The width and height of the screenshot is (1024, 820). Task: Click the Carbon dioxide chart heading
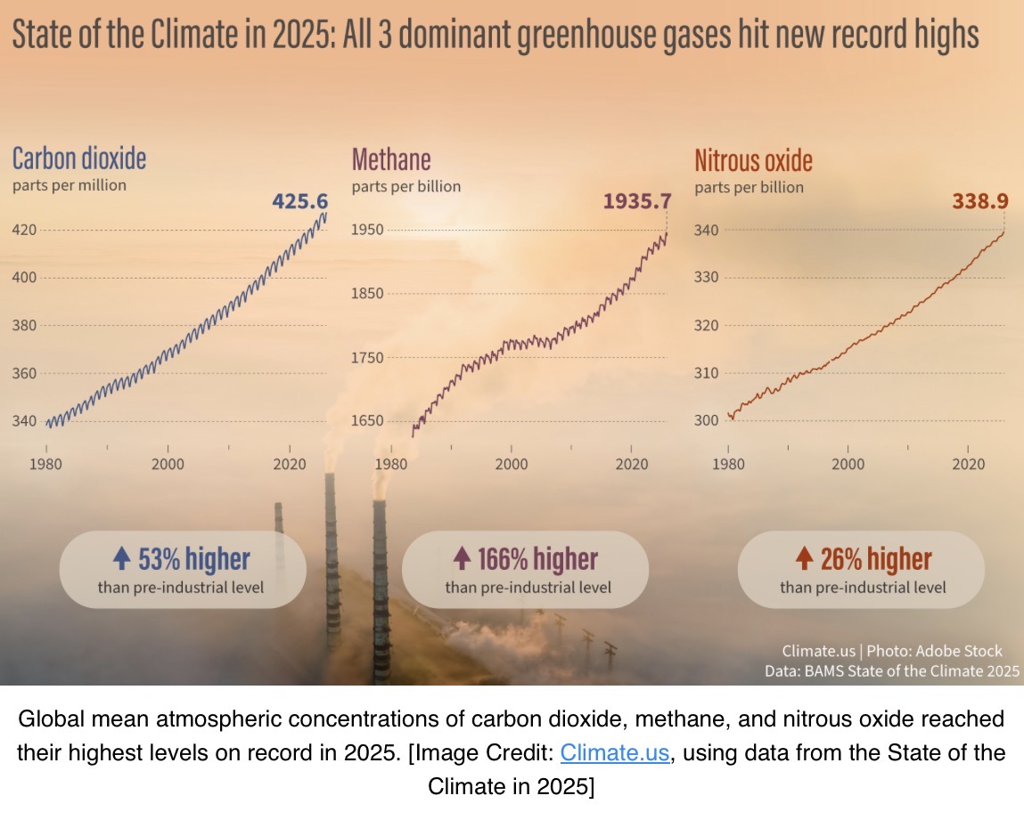79,159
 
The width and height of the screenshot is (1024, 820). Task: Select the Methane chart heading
391,160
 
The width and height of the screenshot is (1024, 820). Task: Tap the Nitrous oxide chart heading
754,160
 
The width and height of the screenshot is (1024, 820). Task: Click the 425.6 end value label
299,201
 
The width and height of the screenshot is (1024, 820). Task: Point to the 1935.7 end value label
636,201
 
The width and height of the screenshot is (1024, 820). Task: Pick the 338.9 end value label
980,201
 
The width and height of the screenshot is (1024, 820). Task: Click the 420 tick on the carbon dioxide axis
24,230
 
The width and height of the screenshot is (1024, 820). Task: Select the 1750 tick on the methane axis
367,358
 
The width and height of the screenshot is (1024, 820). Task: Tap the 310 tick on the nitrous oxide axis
706,373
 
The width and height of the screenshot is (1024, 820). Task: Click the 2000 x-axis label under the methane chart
512,464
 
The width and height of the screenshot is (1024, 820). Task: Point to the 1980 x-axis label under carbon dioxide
45,464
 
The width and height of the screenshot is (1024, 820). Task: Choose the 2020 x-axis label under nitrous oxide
968,464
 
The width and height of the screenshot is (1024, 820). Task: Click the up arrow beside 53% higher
121,557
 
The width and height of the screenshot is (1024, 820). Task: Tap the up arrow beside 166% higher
462,557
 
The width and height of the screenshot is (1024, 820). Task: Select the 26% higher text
876,559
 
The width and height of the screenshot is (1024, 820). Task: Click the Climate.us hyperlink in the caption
615,752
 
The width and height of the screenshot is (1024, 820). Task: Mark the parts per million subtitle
70,185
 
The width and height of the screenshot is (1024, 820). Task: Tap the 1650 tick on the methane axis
367,421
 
